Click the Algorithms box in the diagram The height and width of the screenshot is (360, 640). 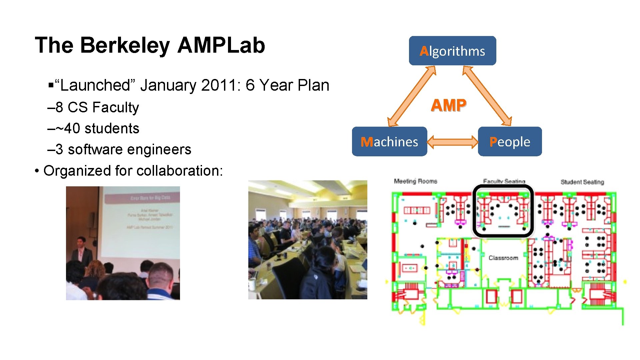452,51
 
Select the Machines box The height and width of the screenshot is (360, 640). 389,142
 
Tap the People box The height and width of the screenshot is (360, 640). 510,142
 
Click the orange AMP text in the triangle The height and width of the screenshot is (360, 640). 448,105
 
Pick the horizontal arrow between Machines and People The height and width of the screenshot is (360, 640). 452,142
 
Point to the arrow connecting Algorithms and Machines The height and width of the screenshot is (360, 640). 412,96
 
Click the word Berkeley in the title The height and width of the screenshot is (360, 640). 125,45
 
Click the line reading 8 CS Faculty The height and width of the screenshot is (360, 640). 93,107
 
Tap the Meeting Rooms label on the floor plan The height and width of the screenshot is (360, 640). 415,181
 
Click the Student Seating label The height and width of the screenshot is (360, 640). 582,182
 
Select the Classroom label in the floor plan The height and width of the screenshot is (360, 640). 503,258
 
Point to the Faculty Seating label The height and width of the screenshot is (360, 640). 504,181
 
